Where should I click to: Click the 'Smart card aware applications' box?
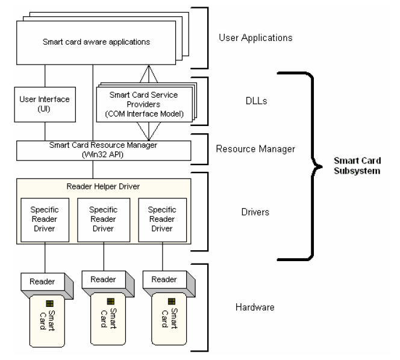96,42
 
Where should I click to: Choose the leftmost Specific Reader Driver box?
44,216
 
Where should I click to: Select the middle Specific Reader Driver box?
104,216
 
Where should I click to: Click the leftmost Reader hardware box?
43,282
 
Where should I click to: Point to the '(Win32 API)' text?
104,154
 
